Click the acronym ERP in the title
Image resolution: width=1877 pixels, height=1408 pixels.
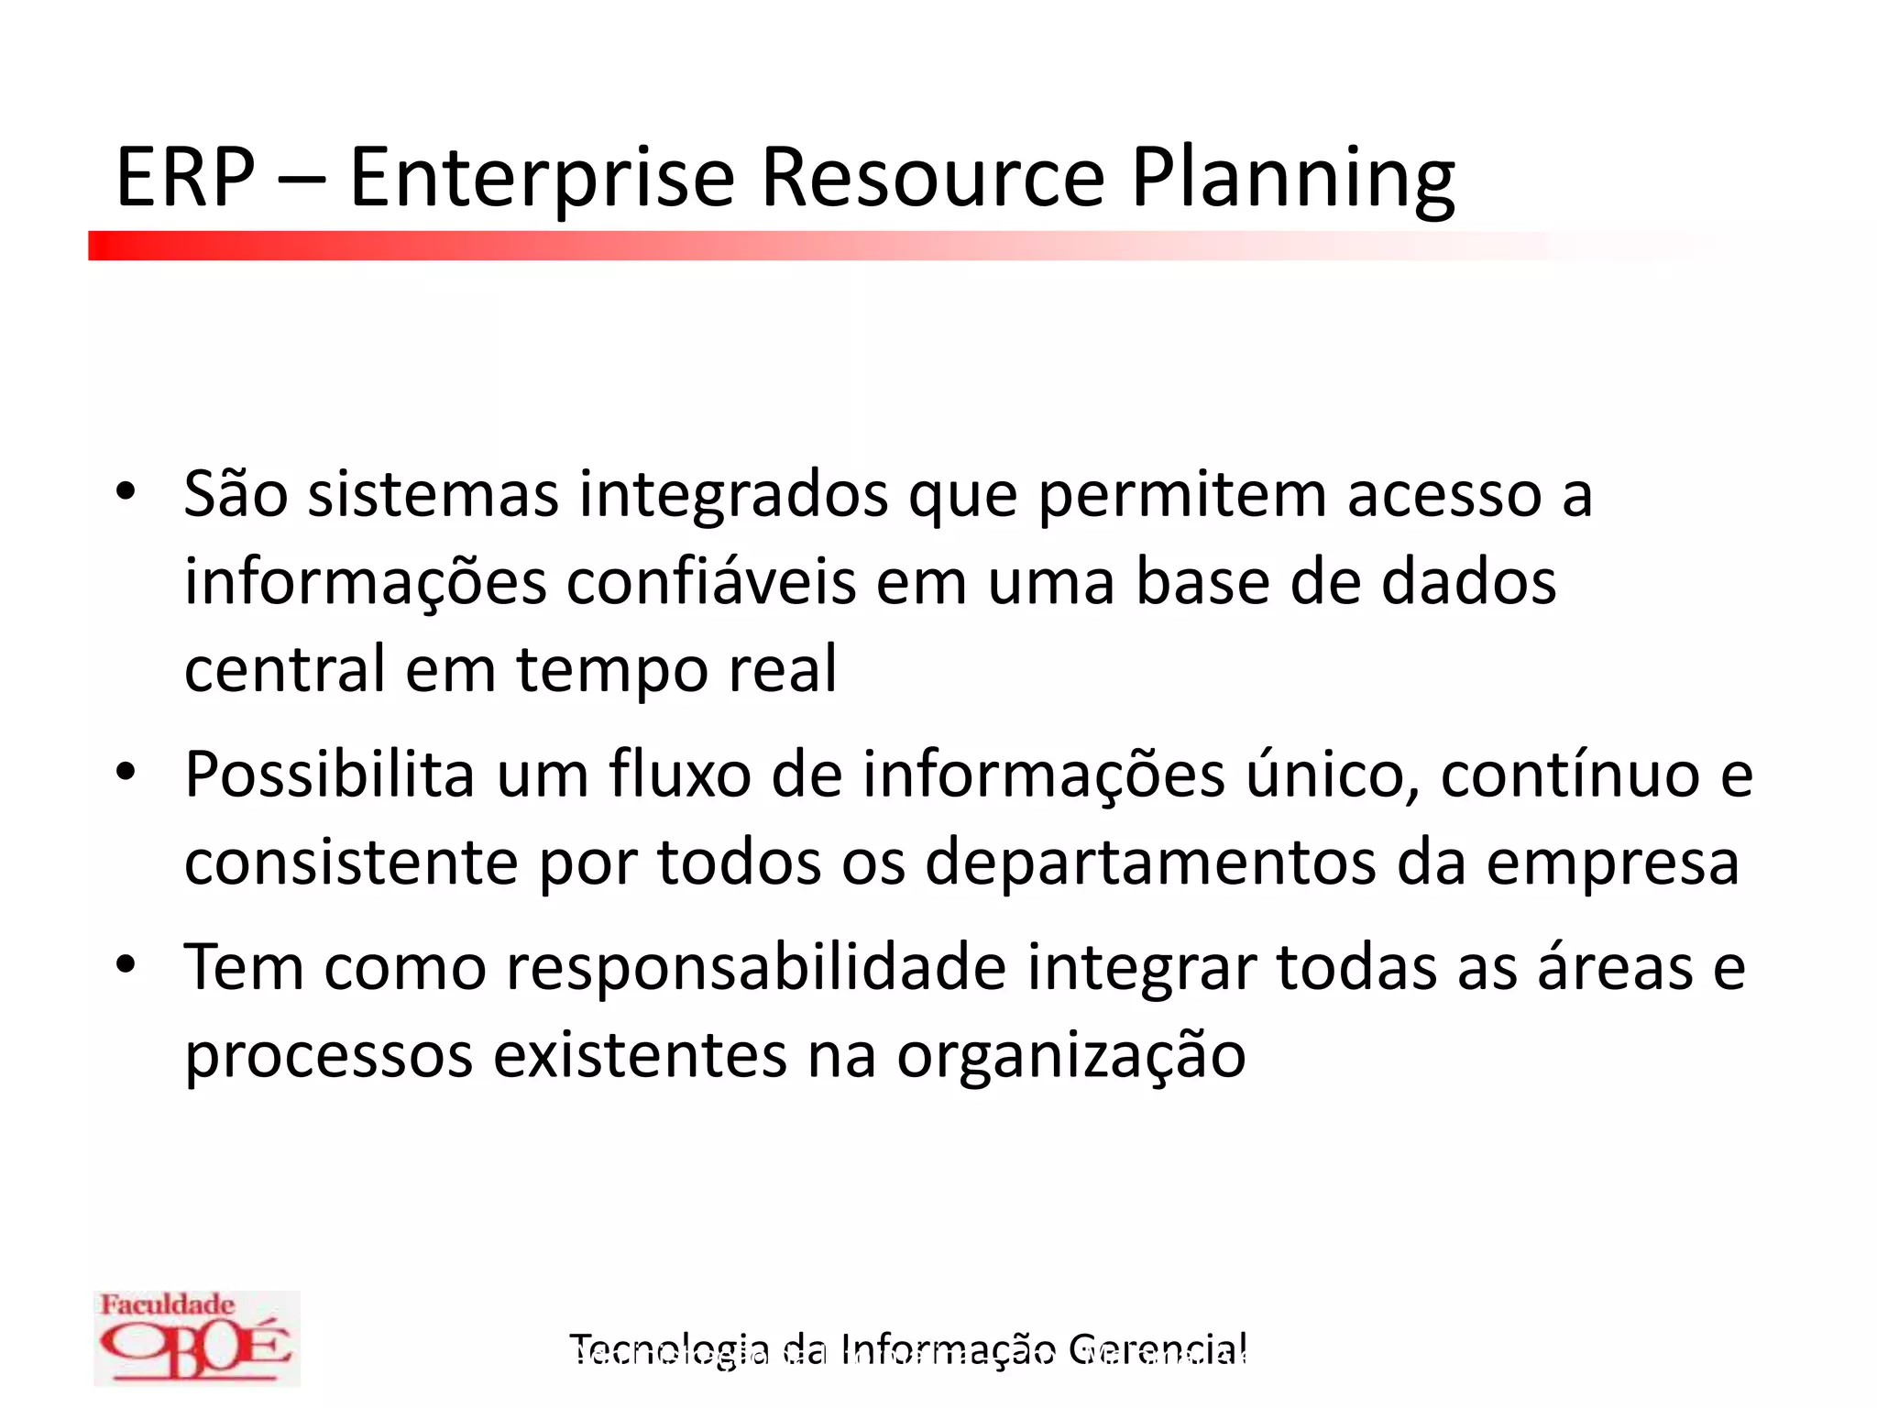[185, 178]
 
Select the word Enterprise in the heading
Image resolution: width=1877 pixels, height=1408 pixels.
[542, 178]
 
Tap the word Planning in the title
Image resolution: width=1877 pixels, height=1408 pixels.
[1292, 178]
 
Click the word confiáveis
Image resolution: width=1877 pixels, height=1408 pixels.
[710, 583]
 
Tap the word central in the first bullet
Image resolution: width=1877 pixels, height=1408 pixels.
[285, 669]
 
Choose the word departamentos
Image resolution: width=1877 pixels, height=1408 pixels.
[1150, 863]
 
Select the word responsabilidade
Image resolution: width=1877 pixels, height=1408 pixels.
[756, 967]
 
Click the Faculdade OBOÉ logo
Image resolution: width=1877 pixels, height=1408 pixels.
[196, 1337]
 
